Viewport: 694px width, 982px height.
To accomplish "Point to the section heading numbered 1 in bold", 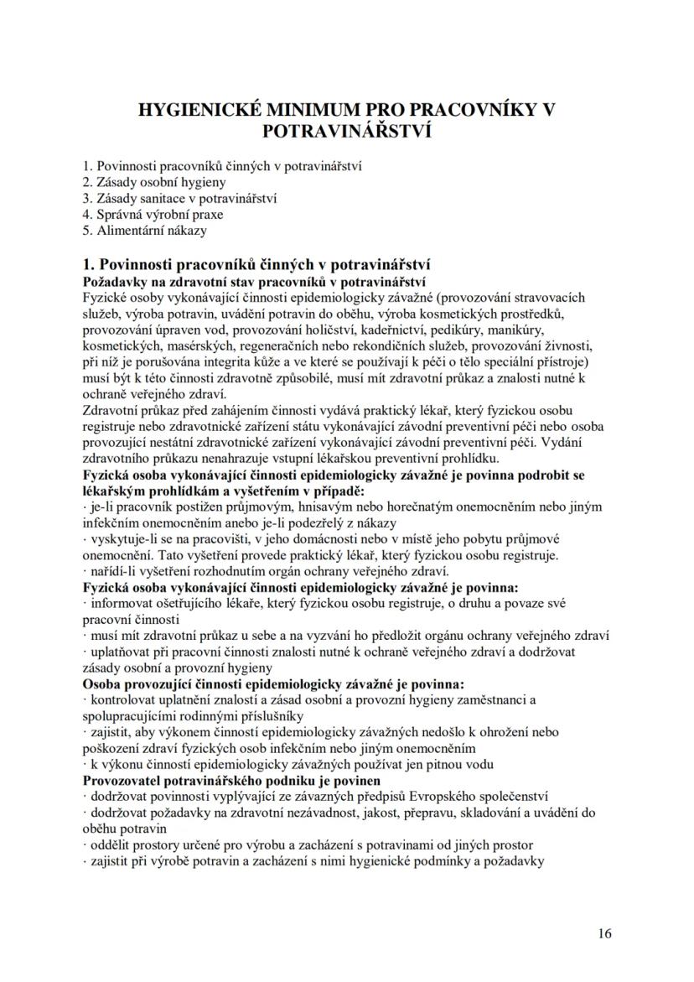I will [x=256, y=265].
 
